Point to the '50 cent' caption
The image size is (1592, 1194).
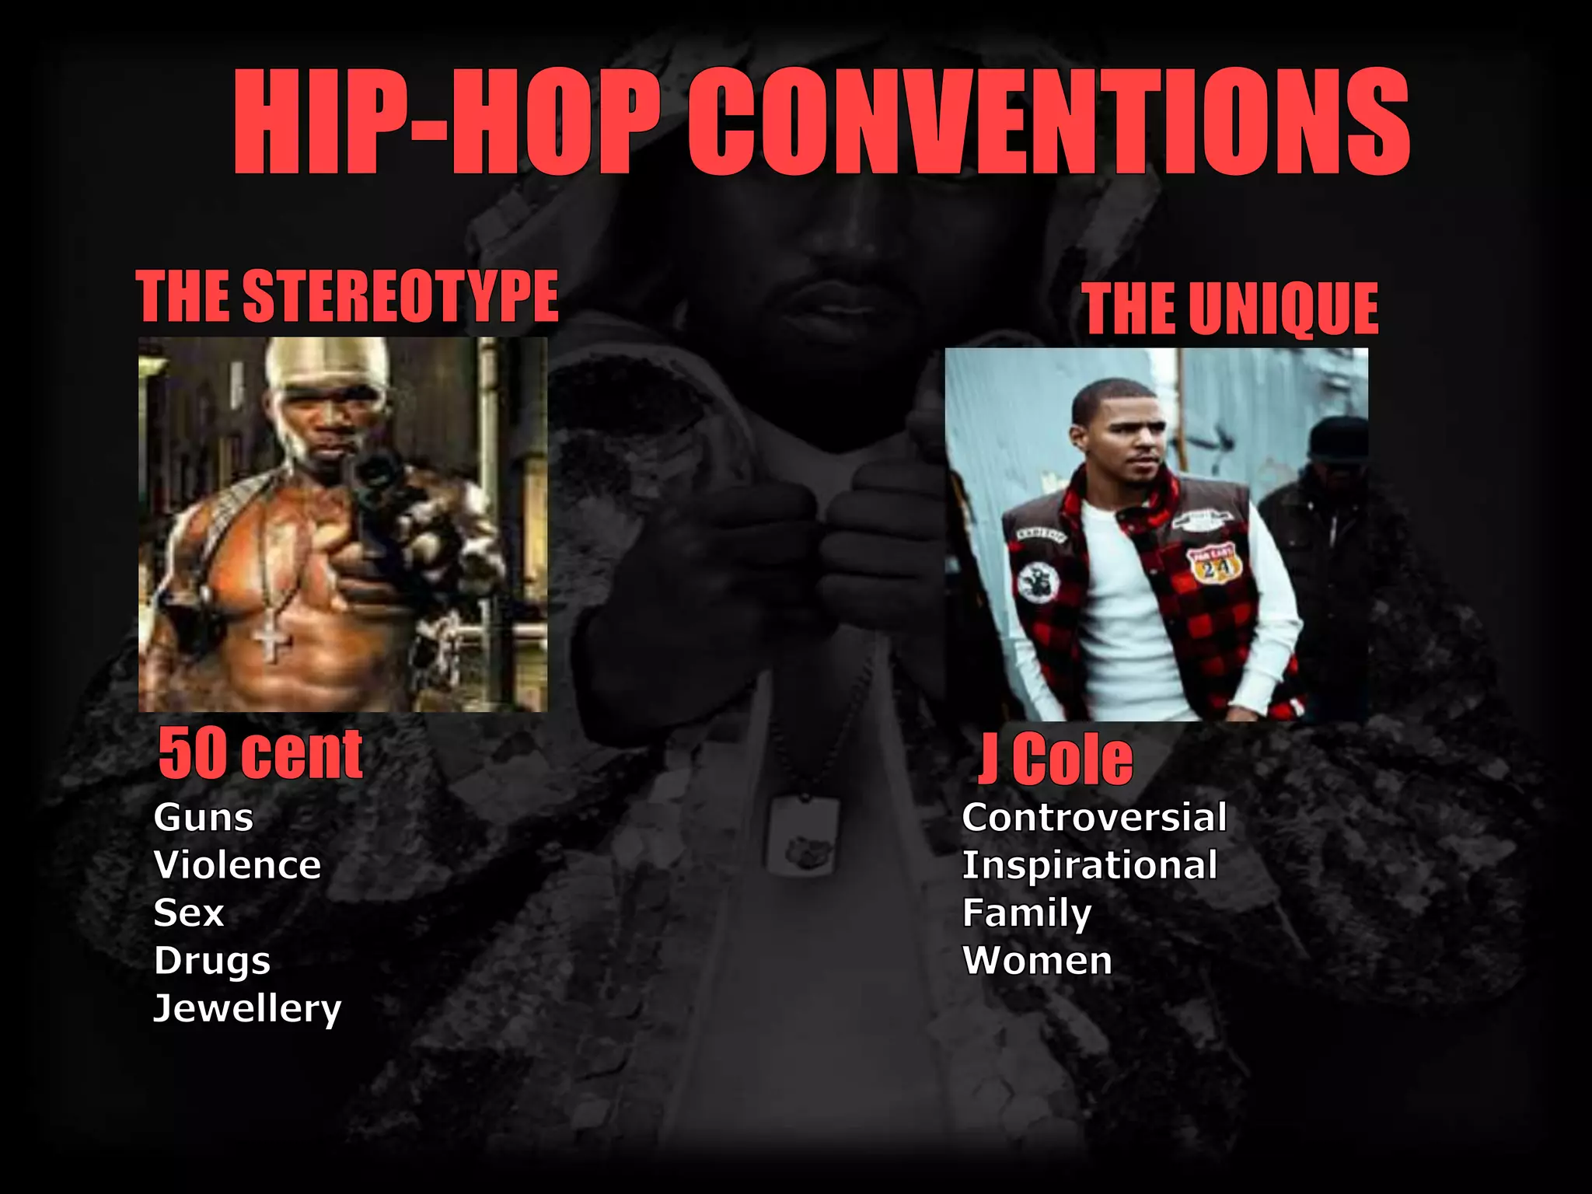(x=260, y=753)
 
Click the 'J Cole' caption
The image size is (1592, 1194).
(x=1056, y=759)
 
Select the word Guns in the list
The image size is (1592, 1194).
(x=204, y=818)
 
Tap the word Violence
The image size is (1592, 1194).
(x=237, y=865)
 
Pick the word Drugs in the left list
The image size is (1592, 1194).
(x=212, y=961)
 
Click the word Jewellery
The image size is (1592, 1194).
(x=247, y=1009)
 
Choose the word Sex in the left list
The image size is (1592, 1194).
(x=189, y=913)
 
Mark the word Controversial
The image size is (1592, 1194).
(x=1094, y=818)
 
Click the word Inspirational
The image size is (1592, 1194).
(x=1089, y=865)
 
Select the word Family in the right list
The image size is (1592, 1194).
(x=1027, y=913)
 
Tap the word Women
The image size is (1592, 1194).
(x=1037, y=961)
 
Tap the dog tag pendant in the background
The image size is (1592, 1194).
(x=802, y=836)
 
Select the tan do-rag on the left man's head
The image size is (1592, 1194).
(x=326, y=365)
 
